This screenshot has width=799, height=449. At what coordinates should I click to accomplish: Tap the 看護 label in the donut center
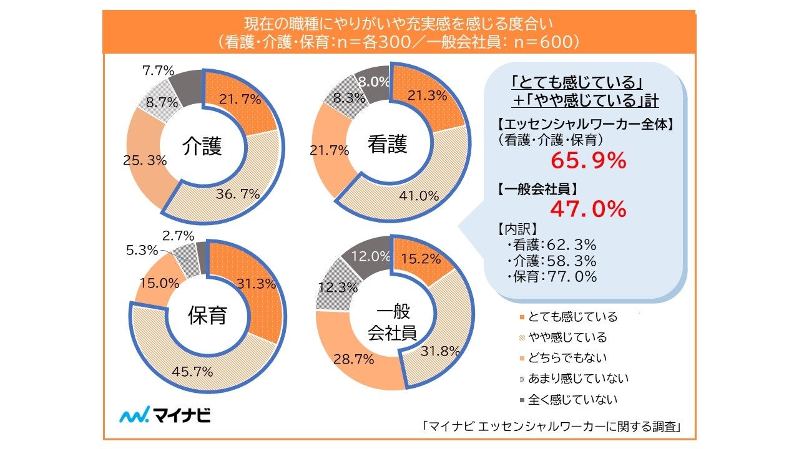[387, 145]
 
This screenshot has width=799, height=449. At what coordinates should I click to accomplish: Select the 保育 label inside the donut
[207, 316]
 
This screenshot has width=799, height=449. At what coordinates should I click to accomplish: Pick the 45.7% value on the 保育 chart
[192, 372]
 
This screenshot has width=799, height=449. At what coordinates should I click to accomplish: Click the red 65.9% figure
[588, 162]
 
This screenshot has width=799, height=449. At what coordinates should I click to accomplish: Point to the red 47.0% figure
[588, 210]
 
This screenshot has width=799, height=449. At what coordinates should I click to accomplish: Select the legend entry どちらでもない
[567, 358]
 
